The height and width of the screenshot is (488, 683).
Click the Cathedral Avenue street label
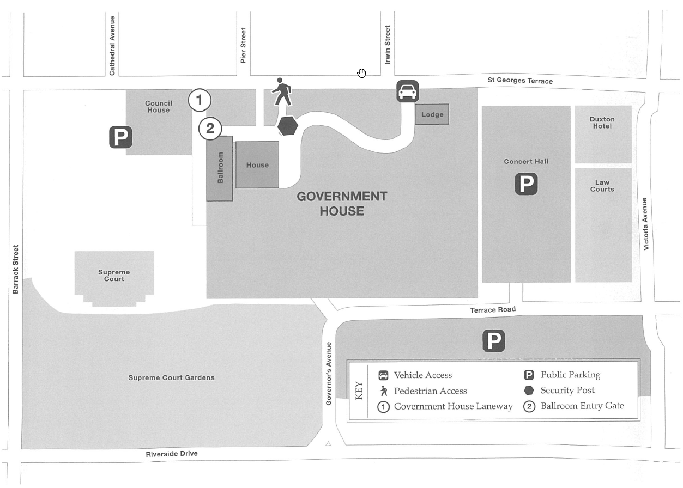pos(112,46)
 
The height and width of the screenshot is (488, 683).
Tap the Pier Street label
pos(243,46)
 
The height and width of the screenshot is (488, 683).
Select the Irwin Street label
pos(388,45)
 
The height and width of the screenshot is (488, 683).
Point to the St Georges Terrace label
pos(520,81)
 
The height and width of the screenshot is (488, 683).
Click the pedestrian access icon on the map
pos(282,92)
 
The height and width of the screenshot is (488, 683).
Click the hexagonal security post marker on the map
pos(288,126)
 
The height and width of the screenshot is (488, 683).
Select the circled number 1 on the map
pos(199,100)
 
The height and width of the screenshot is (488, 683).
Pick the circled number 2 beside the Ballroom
pos(210,129)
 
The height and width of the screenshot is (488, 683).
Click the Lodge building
pos(432,114)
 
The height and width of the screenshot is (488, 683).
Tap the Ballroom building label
pos(220,168)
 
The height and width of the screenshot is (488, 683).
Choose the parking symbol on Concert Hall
pos(526,184)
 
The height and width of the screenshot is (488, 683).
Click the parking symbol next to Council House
pos(120,137)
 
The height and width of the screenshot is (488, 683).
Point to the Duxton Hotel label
pos(602,123)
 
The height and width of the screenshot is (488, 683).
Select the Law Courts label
pos(602,186)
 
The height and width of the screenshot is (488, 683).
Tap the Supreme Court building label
pos(114,276)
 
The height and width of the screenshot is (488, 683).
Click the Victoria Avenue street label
pos(646,224)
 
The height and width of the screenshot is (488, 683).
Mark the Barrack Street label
pos(16,269)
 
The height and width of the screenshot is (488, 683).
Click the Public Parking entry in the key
pos(570,375)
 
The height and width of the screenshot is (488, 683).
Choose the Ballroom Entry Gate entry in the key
pos(582,406)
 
